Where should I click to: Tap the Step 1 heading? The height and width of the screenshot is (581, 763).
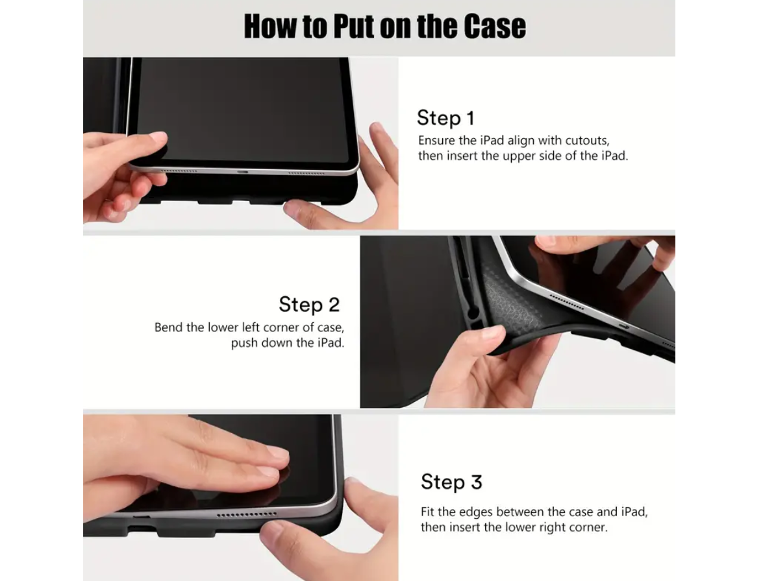tap(445, 118)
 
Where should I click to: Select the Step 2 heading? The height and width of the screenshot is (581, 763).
tap(309, 304)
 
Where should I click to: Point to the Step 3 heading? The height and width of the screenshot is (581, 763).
tap(451, 482)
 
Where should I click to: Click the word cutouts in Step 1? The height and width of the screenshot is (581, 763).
tap(586, 140)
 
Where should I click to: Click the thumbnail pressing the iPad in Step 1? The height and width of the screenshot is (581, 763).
tap(158, 138)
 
